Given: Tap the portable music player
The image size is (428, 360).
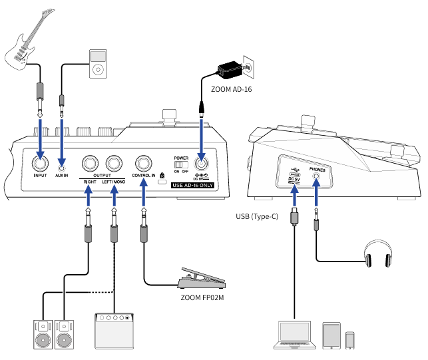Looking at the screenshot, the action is click(98, 64).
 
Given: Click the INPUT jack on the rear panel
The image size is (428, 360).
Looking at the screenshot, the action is click(40, 163).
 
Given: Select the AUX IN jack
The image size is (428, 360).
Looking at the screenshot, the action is click(62, 168).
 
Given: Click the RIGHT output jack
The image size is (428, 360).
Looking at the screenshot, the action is click(90, 163).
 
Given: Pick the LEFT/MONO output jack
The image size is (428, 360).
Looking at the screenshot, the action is click(114, 163).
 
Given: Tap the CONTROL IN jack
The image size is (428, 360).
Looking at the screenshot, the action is click(144, 163).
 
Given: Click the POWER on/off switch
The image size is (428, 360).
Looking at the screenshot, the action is click(181, 164).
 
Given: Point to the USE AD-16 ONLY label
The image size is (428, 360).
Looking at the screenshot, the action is click(192, 185).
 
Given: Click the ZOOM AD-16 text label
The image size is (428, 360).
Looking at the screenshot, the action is click(231, 90).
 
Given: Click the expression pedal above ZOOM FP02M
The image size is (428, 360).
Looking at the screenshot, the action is click(202, 278).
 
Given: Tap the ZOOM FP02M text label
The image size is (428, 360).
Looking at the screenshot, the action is click(202, 297).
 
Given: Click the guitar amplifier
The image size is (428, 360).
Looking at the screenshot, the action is click(114, 331).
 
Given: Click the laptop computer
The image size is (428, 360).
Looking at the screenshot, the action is click(294, 335).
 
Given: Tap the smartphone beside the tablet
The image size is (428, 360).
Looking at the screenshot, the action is click(350, 340).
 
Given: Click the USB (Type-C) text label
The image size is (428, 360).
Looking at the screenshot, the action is click(257, 216).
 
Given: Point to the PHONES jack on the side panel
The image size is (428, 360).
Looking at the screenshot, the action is click(316, 176).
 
